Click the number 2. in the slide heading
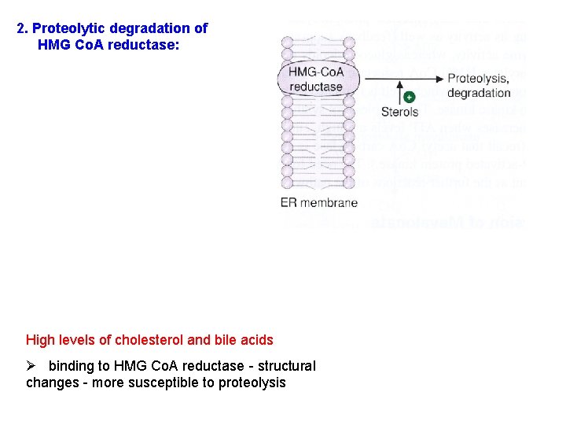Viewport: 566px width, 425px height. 23,28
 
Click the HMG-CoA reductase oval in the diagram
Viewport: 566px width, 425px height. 317,79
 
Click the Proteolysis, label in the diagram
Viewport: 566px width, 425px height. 478,78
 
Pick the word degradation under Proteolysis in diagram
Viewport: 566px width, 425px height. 478,93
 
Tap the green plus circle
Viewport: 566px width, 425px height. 409,97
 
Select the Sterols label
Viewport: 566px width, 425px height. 400,113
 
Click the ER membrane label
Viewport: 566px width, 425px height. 318,202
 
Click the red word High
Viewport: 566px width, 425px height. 40,340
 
